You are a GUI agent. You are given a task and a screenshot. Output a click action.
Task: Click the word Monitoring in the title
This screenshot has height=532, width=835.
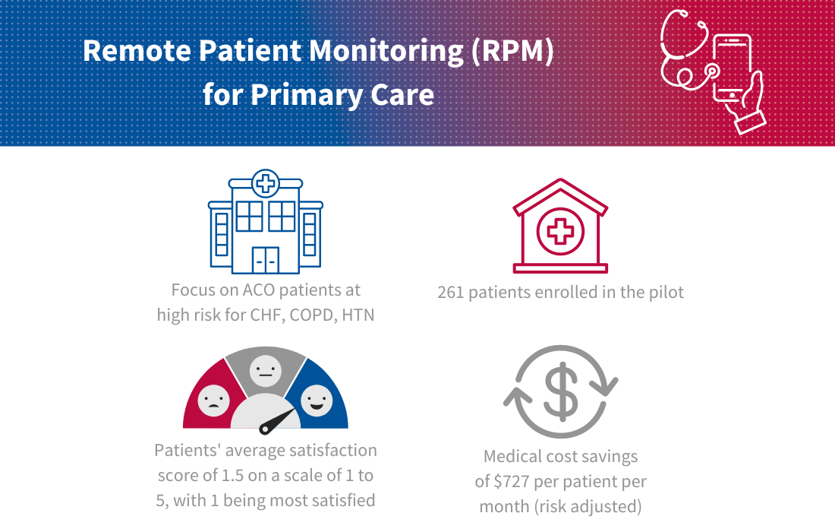point(386,52)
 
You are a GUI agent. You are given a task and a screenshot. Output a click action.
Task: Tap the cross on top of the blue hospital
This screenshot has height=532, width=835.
point(265,184)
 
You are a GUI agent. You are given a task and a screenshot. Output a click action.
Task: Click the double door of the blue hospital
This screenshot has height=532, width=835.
point(265,260)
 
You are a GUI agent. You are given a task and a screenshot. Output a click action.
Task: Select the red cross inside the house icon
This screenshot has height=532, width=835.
point(560,232)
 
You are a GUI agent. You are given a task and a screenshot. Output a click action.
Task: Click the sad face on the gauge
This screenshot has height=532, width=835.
point(213,401)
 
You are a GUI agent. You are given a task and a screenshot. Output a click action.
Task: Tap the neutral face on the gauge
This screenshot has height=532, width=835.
point(265,371)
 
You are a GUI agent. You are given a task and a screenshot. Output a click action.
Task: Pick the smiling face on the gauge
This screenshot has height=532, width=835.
point(317,401)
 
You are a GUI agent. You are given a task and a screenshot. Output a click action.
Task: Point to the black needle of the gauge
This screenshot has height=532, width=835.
point(277,421)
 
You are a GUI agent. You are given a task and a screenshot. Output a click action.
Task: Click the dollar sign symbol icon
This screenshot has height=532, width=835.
point(561,392)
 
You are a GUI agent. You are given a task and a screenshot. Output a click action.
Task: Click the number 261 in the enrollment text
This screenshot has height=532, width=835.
point(450,293)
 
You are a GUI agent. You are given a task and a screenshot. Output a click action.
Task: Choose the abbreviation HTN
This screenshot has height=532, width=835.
point(358,315)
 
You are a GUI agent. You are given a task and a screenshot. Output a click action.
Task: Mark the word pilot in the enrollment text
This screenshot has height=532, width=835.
point(666,292)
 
